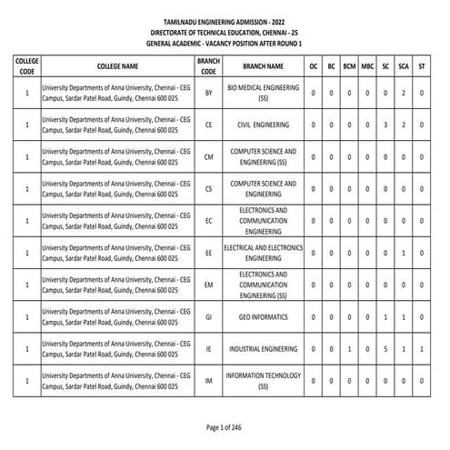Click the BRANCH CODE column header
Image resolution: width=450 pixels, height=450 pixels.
[209, 66]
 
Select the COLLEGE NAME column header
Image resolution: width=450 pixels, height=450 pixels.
[117, 66]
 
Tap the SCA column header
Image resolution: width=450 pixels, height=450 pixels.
[405, 66]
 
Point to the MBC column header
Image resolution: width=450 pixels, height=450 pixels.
[367, 66]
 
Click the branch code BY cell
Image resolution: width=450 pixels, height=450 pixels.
[209, 93]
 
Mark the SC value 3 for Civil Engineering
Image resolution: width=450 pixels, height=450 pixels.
[386, 125]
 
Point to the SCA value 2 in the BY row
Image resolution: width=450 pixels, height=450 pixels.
[405, 93]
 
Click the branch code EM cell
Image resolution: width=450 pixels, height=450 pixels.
[209, 285]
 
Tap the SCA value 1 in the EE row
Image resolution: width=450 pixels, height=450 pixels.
[405, 252]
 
